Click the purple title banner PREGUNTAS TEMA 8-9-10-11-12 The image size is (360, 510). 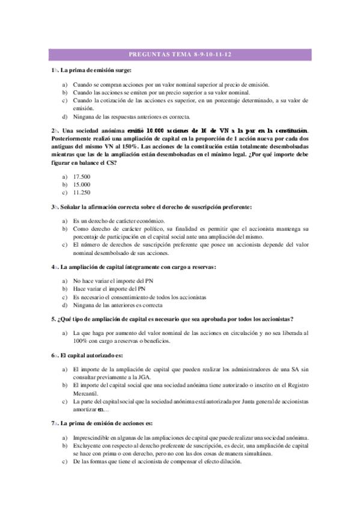[x=180, y=55]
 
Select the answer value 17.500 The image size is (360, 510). [x=81, y=176]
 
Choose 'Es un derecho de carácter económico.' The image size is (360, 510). [x=118, y=221]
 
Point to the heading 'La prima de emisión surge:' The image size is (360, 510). [x=99, y=71]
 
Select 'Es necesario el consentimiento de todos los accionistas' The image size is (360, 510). [x=139, y=297]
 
